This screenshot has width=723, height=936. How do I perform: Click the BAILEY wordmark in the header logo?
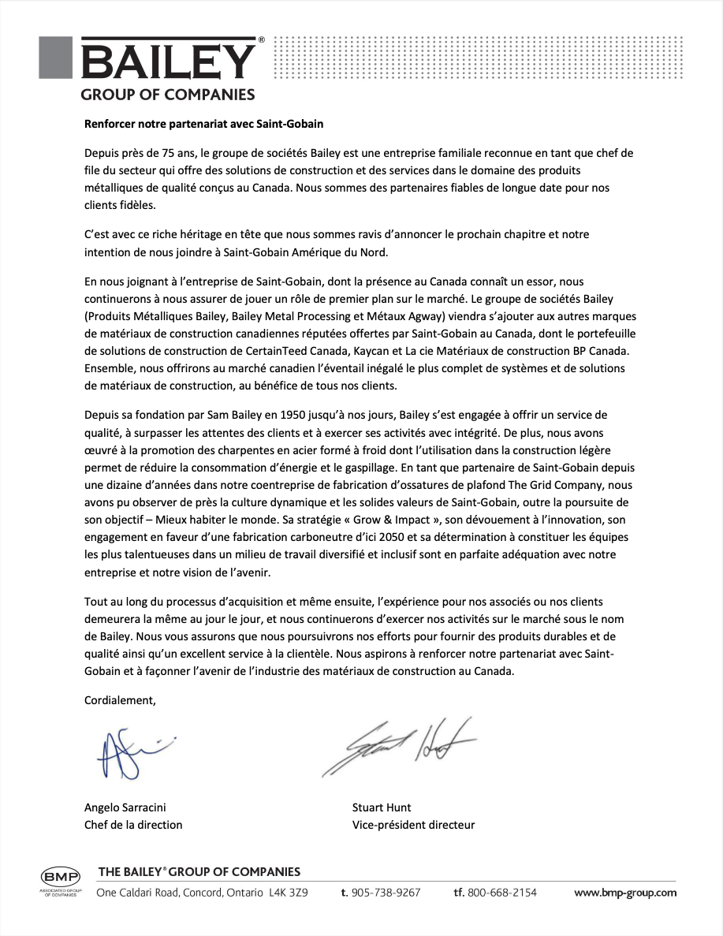coord(169,62)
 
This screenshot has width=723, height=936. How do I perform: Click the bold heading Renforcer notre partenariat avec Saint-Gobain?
coord(204,124)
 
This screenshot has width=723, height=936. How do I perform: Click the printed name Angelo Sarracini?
coord(125,807)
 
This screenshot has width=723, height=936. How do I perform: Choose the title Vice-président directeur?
coord(413,825)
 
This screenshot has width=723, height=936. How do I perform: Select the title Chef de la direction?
coord(133,825)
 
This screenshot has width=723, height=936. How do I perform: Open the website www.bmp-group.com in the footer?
coord(625,893)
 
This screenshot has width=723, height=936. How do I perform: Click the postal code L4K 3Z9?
coord(289,893)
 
